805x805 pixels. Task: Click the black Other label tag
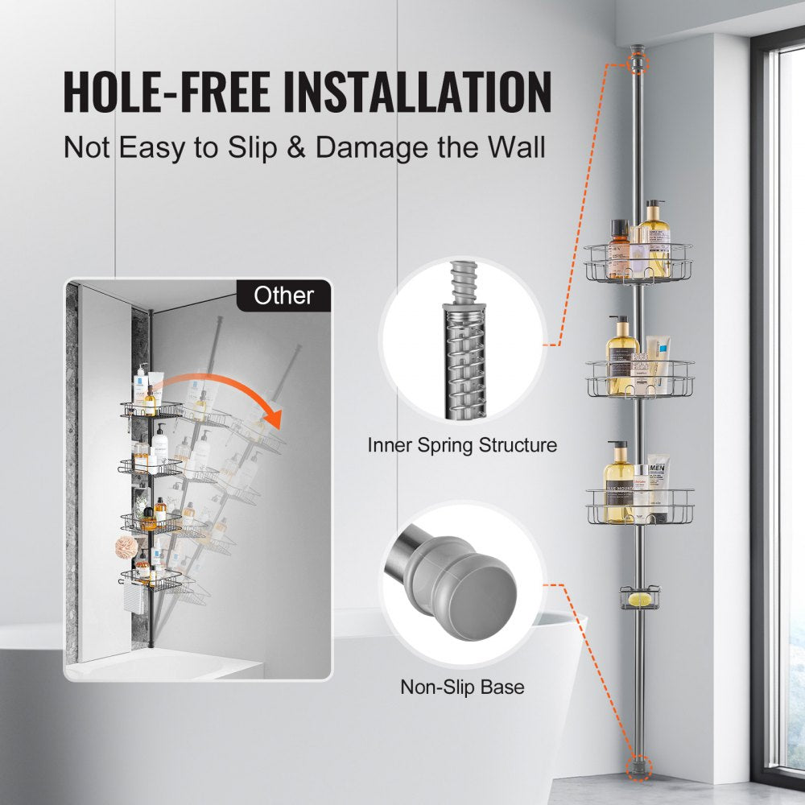pos(283,295)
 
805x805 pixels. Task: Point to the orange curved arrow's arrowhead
pos(274,419)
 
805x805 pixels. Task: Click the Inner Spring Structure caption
pos(462,444)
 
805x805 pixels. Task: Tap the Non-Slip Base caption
pos(462,687)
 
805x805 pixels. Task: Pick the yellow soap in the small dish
pos(641,599)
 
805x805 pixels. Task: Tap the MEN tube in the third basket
pos(658,489)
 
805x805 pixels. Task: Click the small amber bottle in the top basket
pos(619,250)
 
